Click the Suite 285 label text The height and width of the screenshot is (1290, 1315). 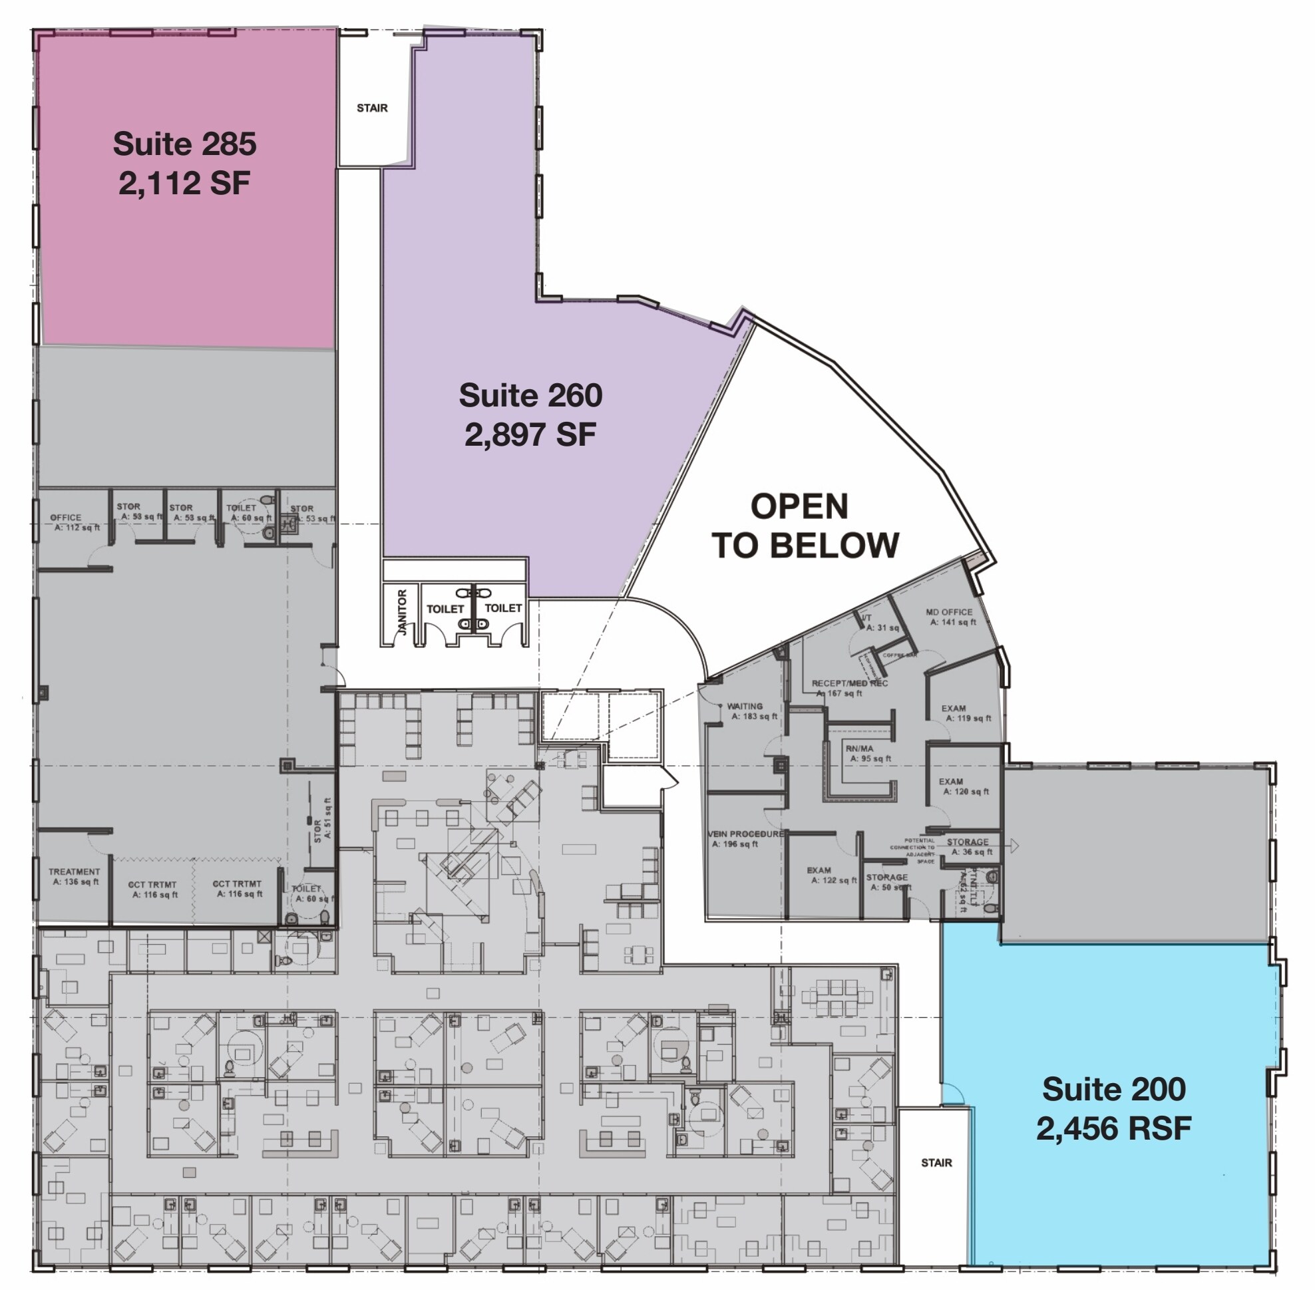[184, 144]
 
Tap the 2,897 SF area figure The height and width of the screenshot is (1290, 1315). [530, 434]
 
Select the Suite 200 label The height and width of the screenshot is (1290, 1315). [1113, 1089]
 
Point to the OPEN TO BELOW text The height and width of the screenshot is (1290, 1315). [804, 526]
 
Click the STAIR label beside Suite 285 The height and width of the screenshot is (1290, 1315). [372, 108]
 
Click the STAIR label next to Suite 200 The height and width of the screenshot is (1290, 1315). [936, 1163]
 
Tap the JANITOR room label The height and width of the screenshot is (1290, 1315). [402, 612]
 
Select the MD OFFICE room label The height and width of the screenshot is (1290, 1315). [949, 612]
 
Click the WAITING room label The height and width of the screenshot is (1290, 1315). [744, 706]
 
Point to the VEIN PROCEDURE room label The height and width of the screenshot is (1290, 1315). [745, 834]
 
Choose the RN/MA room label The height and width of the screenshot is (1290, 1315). [860, 748]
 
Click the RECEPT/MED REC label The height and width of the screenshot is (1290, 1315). [849, 684]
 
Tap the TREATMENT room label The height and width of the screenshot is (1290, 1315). [74, 872]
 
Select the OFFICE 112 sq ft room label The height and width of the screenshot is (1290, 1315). [66, 518]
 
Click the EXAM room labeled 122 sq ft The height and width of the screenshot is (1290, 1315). [819, 870]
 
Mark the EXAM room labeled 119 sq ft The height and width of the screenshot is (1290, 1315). [953, 709]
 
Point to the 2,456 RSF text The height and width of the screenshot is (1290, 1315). [1113, 1129]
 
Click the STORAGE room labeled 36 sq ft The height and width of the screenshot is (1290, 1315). [967, 842]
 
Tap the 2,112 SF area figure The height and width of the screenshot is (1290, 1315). [184, 183]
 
